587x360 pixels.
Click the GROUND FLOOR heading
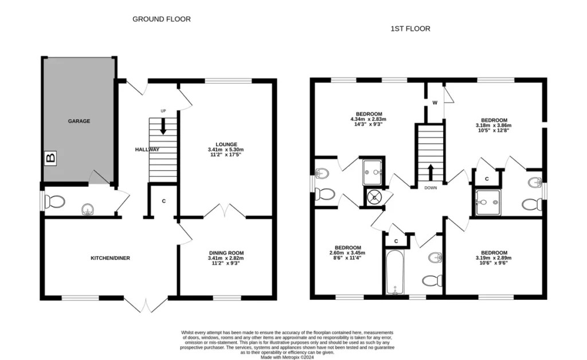162,19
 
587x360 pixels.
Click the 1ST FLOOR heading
410,28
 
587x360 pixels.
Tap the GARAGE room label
79,121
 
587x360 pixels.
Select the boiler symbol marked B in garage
50,157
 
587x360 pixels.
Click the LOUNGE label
227,144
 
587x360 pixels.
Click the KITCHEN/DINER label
111,258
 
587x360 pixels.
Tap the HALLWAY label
147,149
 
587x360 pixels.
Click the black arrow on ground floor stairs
163,126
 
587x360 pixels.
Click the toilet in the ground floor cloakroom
56,202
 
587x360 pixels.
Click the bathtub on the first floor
395,272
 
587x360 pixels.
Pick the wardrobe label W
435,103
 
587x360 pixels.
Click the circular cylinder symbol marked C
374,197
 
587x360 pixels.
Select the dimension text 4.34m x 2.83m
369,119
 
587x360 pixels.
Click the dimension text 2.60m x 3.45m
348,253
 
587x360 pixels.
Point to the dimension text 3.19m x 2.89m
494,258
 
